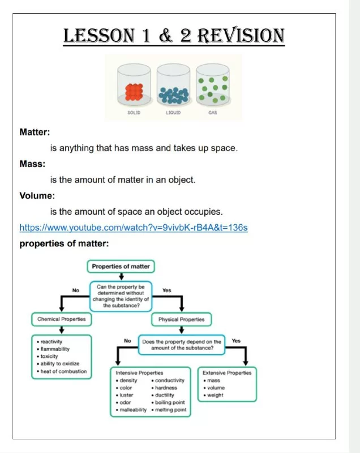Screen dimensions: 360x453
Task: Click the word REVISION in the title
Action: pyautogui.click(x=241, y=36)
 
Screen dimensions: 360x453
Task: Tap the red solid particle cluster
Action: pyautogui.click(x=134, y=92)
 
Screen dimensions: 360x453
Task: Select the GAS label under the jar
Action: pyautogui.click(x=212, y=113)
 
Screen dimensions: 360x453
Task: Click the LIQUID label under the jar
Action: pyautogui.click(x=173, y=113)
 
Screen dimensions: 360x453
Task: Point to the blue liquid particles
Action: pyautogui.click(x=174, y=95)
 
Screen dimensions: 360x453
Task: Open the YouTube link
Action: pyautogui.click(x=134, y=228)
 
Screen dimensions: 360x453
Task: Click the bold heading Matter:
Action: pyautogui.click(x=35, y=132)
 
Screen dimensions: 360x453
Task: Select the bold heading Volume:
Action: pyautogui.click(x=37, y=195)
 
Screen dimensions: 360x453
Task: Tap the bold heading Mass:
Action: pyautogui.click(x=32, y=164)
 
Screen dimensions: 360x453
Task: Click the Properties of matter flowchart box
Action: pyautogui.click(x=121, y=266)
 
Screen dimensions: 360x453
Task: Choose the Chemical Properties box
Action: pyautogui.click(x=62, y=319)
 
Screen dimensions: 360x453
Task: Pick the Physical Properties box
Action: pyautogui.click(x=181, y=319)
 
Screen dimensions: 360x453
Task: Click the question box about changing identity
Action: pyautogui.click(x=121, y=296)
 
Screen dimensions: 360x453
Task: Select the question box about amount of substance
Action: pyautogui.click(x=182, y=345)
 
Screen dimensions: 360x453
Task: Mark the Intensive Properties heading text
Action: pyautogui.click(x=139, y=373)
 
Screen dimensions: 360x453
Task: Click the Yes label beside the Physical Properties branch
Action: pyautogui.click(x=166, y=290)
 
